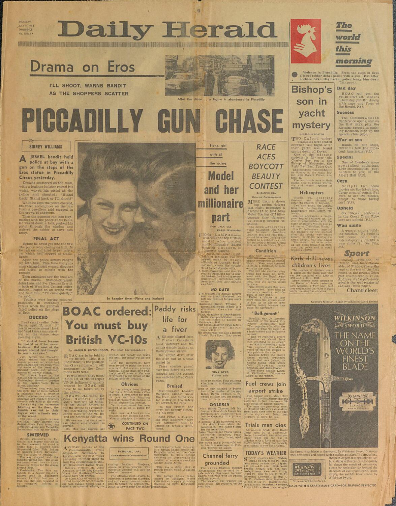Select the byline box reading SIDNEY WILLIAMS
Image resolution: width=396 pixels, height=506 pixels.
point(46,147)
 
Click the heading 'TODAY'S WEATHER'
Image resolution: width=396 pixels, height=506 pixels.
point(266,453)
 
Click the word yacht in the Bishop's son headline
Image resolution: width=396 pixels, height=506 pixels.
point(311,113)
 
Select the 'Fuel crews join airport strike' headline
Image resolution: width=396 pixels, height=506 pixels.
point(266,388)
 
